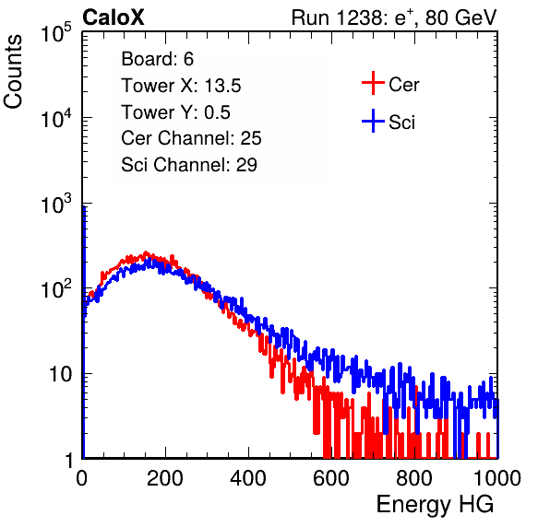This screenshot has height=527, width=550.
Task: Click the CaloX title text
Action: click(x=114, y=18)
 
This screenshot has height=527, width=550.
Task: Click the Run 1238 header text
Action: click(x=394, y=18)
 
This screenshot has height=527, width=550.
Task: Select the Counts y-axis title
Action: click(x=13, y=72)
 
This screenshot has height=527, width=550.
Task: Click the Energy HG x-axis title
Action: click(x=435, y=505)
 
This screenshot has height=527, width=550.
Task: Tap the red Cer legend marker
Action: click(x=373, y=83)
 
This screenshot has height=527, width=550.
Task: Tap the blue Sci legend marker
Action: click(x=373, y=121)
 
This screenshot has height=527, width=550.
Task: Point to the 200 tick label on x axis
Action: click(x=165, y=478)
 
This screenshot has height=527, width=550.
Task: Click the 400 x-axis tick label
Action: click(x=248, y=478)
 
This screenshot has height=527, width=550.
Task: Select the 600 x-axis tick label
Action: click(x=331, y=478)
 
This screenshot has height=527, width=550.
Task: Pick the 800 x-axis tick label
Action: click(x=414, y=478)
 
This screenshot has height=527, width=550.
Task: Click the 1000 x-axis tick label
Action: click(x=497, y=478)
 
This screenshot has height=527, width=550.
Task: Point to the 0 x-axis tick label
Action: click(x=82, y=478)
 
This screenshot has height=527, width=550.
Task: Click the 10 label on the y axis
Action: click(x=61, y=374)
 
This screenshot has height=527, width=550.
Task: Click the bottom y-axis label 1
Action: click(x=69, y=461)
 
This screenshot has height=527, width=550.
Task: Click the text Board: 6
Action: click(x=157, y=59)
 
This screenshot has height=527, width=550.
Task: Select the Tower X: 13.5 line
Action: click(x=181, y=86)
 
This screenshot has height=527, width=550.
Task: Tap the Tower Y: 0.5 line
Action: click(x=175, y=112)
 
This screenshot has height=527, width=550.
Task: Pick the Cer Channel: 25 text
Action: click(x=191, y=138)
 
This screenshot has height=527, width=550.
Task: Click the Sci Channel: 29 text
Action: click(x=189, y=165)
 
